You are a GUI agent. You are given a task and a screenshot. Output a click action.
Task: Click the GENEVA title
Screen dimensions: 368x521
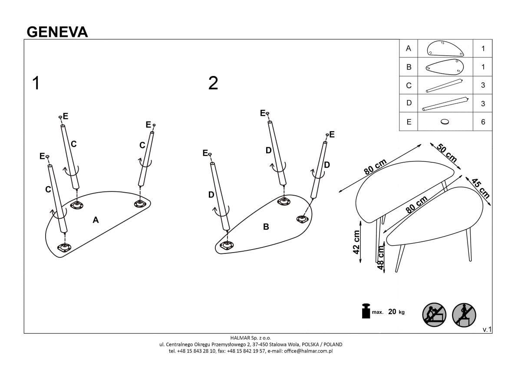(x=57, y=32)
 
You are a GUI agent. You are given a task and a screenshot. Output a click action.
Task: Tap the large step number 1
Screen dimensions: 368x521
(x=36, y=83)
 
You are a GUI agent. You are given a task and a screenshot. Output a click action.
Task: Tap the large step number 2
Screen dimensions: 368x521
(x=213, y=83)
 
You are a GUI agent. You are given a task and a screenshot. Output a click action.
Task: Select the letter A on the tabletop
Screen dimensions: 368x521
(x=96, y=220)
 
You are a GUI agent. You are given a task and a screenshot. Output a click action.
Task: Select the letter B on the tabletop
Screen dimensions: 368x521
(x=266, y=227)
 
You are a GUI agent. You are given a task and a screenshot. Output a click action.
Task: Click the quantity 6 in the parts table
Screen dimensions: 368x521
(x=483, y=122)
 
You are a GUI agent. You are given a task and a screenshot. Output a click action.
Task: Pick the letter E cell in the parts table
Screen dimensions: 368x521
(x=409, y=122)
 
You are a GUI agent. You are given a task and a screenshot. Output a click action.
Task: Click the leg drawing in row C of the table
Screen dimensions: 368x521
(x=445, y=85)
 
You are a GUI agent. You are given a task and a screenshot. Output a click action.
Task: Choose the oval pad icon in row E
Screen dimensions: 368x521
(x=445, y=122)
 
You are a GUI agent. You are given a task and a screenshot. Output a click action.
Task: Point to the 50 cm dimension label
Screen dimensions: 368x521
(x=447, y=153)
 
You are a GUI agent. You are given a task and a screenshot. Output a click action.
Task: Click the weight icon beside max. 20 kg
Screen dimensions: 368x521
(x=365, y=312)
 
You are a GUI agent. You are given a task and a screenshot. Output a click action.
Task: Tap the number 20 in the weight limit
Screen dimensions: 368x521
(x=392, y=312)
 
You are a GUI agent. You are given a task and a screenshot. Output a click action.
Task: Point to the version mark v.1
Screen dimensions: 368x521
(x=487, y=330)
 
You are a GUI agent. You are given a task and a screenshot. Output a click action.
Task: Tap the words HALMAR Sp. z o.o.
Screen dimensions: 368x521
(x=251, y=338)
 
